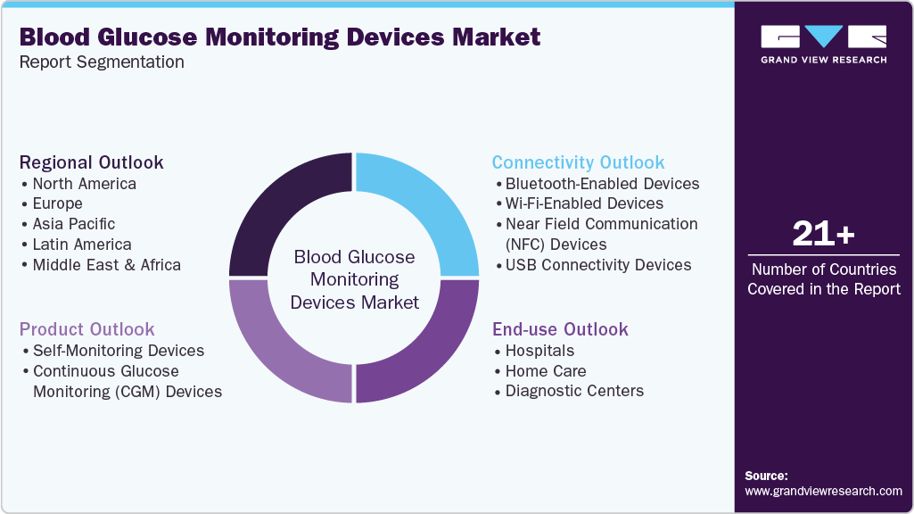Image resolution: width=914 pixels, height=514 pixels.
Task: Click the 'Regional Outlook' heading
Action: click(x=91, y=162)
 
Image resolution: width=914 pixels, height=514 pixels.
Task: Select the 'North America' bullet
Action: click(x=84, y=184)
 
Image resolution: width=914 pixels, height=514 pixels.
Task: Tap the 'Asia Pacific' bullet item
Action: click(x=73, y=224)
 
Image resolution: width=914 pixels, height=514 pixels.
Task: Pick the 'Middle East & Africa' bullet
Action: click(x=106, y=265)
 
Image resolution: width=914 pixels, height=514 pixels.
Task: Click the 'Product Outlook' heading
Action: click(x=86, y=329)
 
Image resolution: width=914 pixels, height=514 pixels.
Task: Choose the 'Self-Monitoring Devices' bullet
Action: click(x=118, y=351)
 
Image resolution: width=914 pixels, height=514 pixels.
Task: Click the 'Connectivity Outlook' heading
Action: click(x=578, y=162)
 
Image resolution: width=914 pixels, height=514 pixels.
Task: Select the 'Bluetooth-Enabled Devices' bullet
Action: click(x=602, y=184)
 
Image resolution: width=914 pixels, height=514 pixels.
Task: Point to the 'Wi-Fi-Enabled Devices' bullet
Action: click(x=584, y=203)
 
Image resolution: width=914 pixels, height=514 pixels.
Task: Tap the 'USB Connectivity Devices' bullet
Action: click(x=597, y=265)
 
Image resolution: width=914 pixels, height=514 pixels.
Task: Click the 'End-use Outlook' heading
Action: click(x=560, y=329)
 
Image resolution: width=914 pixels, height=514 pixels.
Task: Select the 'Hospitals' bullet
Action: click(x=539, y=351)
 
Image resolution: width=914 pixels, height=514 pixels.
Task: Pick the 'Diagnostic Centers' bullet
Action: click(x=574, y=391)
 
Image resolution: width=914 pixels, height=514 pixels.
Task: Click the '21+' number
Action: click(x=823, y=234)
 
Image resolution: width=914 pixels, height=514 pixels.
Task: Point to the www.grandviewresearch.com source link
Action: click(x=823, y=491)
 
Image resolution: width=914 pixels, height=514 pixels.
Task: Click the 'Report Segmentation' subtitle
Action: click(x=102, y=62)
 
